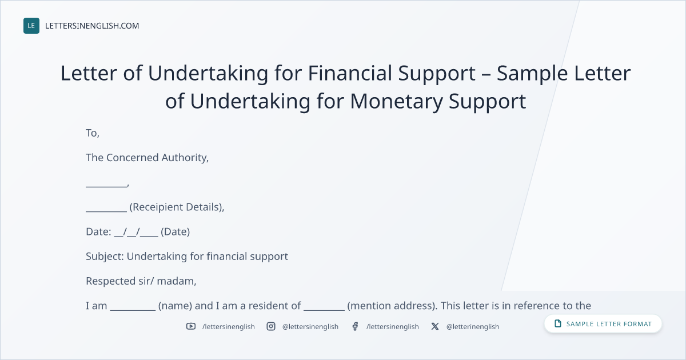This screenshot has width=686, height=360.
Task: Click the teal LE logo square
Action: (31, 26)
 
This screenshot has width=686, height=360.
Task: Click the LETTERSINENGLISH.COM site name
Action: (92, 26)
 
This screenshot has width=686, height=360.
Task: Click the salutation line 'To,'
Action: (93, 133)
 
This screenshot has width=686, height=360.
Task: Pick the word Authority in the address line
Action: (185, 158)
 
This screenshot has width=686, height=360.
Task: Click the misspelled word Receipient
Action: (156, 207)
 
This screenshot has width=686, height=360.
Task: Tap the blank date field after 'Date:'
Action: (136, 233)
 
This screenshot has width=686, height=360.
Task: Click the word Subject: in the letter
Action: (105, 257)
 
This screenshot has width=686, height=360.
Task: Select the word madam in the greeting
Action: (177, 281)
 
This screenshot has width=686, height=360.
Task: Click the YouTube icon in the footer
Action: (191, 326)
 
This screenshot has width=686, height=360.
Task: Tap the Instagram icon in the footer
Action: (271, 326)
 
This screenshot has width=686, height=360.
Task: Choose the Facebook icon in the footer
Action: (355, 326)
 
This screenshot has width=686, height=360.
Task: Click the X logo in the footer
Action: (435, 326)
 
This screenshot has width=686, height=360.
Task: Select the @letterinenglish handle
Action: (473, 327)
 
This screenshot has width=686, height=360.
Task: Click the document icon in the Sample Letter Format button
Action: (558, 323)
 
